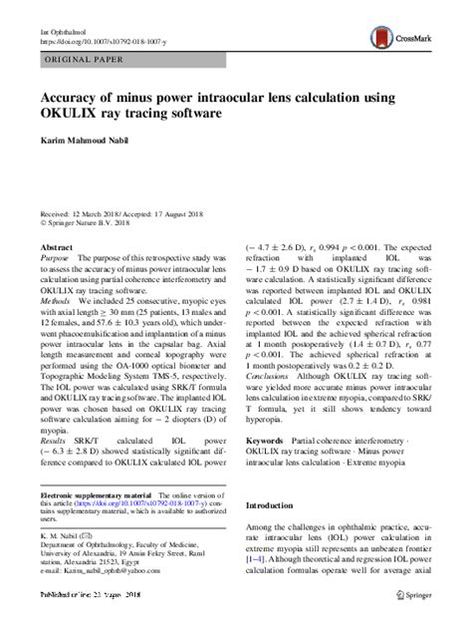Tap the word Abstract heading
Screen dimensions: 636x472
click(57, 245)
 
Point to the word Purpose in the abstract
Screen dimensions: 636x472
click(56, 257)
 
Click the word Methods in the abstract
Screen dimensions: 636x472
click(57, 297)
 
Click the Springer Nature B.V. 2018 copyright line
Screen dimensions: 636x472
click(92, 224)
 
